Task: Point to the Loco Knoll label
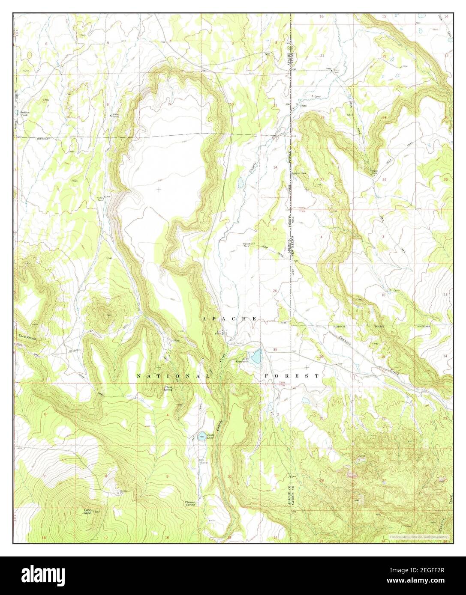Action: tap(88, 511)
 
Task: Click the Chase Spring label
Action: tap(169, 388)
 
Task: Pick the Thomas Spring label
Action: tap(190, 503)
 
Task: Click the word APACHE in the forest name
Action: tap(229, 319)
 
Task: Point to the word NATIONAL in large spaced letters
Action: tap(173, 376)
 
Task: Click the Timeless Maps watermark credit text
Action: tap(418, 536)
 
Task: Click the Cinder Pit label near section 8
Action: tap(112, 491)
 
